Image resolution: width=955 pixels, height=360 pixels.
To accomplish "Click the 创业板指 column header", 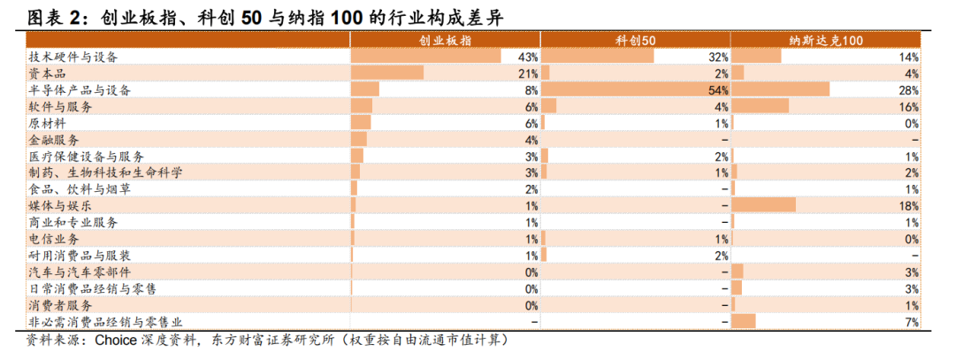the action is point(445,40).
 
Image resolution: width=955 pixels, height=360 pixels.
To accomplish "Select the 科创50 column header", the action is point(635,40).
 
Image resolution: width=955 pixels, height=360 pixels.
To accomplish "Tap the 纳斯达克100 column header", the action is point(825,40).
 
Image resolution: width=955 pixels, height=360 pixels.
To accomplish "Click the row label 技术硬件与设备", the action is point(73,57).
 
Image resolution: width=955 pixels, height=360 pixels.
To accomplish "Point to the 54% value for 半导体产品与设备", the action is point(719,90).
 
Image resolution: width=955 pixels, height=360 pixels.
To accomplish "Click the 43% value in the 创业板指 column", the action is point(528,57).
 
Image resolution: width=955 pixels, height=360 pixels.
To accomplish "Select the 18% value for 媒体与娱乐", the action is point(909,205).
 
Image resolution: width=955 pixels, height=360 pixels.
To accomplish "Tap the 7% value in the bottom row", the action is point(912,322).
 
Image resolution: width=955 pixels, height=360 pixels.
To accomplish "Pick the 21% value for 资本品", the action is point(528,73).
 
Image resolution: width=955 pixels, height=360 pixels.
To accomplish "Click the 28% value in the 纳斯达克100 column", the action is point(909,90).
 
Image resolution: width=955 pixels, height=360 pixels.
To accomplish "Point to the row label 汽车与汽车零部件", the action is point(80,272).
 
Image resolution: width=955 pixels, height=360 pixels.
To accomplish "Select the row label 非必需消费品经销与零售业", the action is point(106,321).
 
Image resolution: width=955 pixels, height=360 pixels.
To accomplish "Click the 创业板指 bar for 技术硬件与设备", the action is point(426,57).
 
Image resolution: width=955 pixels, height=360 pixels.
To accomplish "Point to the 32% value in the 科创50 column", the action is point(719,57).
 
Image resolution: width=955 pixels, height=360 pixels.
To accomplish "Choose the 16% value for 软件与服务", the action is point(909,107).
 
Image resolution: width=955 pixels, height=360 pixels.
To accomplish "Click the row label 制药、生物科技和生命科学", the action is point(105,172).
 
